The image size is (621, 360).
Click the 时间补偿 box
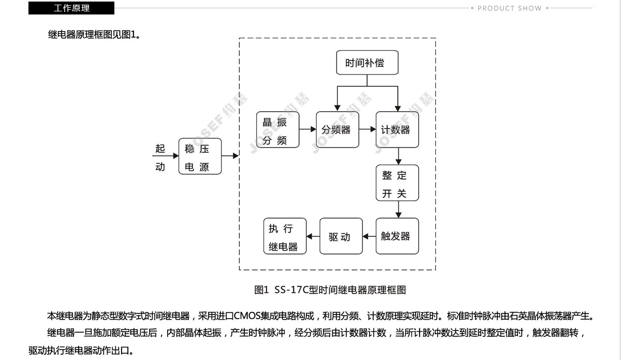(x=367, y=63)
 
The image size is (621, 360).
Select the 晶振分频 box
(x=277, y=130)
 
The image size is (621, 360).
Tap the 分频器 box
(x=337, y=130)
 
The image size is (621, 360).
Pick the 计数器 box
(x=397, y=130)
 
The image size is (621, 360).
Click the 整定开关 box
(x=397, y=183)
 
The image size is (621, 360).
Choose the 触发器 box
(x=397, y=236)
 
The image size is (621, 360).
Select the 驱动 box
(x=341, y=236)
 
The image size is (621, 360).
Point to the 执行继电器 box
(x=285, y=236)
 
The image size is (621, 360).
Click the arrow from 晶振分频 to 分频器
(x=308, y=129)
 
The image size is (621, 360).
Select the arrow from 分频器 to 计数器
(x=367, y=129)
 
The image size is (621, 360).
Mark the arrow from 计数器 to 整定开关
(x=398, y=156)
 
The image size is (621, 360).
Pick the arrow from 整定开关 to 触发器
(x=398, y=209)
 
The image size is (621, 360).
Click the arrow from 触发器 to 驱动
(x=369, y=236)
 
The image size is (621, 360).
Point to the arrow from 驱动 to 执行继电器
(x=313, y=236)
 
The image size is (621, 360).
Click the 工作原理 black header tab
(x=71, y=8)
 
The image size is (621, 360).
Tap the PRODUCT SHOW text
(x=509, y=8)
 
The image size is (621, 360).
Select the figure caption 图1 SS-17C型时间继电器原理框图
(x=330, y=290)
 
